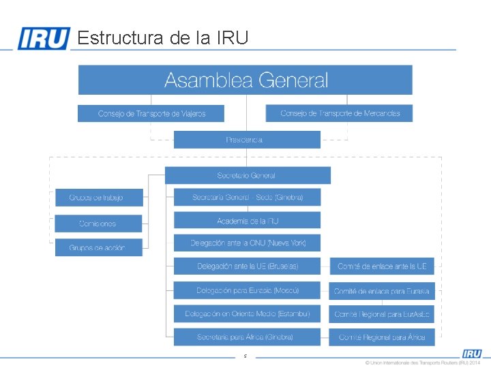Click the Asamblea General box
click(x=245, y=80)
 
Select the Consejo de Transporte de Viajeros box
click(x=151, y=113)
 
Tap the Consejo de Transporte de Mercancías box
click(x=340, y=113)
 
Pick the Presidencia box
click(x=247, y=140)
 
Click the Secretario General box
click(x=248, y=175)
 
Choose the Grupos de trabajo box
click(x=99, y=198)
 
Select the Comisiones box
click(x=99, y=224)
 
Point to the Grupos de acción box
click(x=99, y=247)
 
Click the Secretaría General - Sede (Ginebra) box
click(x=247, y=197)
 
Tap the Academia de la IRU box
click(x=247, y=221)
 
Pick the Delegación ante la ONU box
click(x=247, y=243)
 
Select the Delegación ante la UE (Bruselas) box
click(x=247, y=266)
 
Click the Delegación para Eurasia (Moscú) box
click(x=247, y=290)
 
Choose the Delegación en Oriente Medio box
click(x=247, y=313)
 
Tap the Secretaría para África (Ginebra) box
click(x=247, y=337)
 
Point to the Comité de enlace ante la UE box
click(x=382, y=266)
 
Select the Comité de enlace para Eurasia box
click(x=382, y=291)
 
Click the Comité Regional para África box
click(x=382, y=337)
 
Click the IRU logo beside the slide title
click(x=44, y=38)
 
